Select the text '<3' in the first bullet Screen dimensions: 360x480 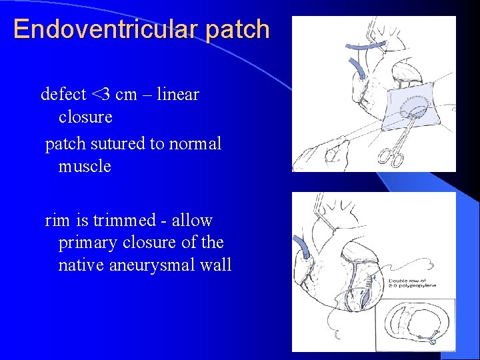click(x=101, y=95)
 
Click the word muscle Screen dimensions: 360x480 click(x=85, y=166)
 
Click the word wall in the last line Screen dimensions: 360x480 click(x=215, y=265)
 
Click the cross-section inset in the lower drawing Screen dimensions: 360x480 click(x=415, y=325)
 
